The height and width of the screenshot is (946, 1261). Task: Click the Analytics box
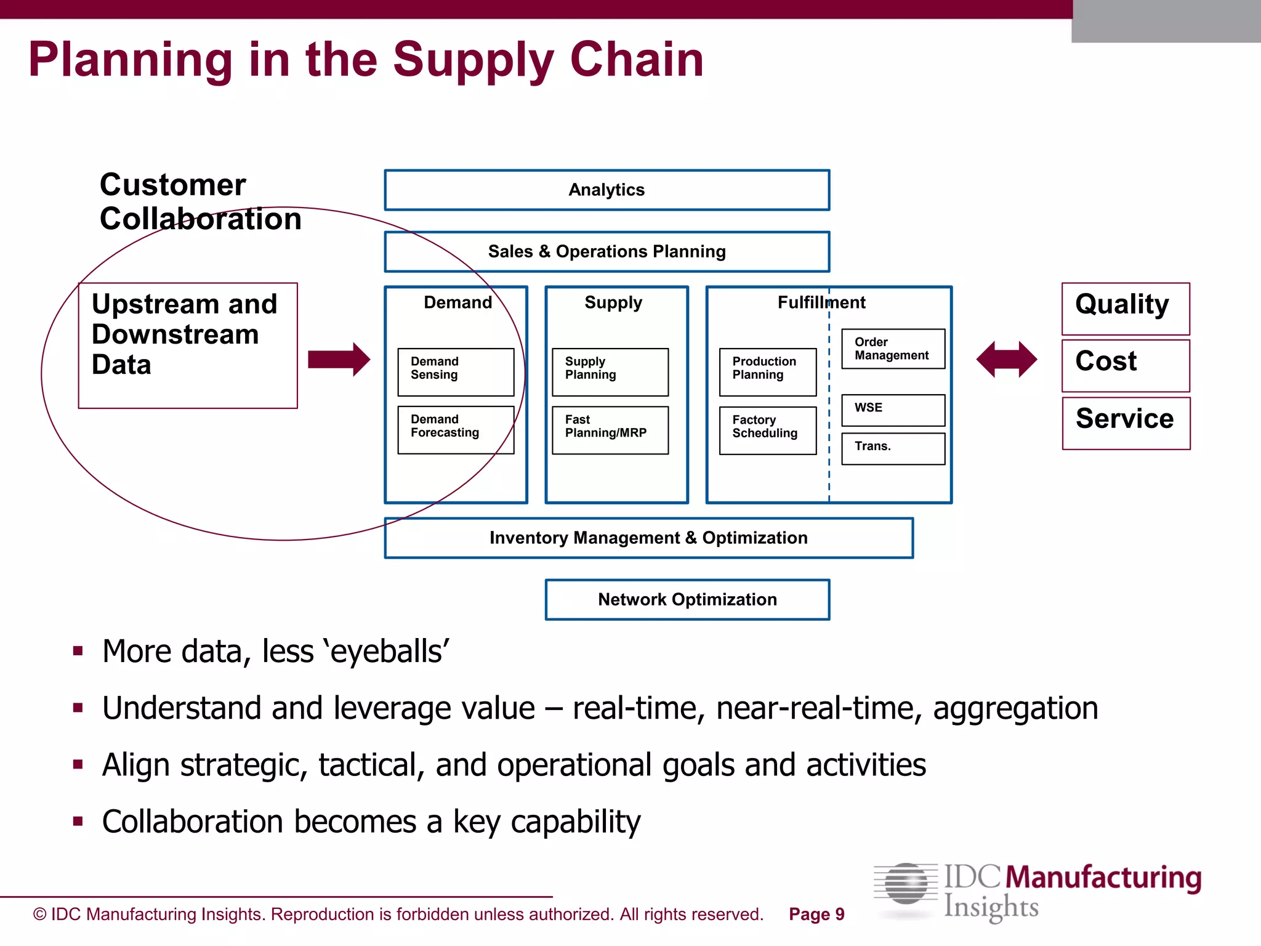tap(606, 190)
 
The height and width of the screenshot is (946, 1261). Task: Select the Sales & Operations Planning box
tap(606, 252)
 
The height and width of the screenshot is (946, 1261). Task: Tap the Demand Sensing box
tap(456, 372)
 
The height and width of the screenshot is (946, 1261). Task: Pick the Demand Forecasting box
tap(456, 430)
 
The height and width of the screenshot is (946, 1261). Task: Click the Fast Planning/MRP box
tap(610, 430)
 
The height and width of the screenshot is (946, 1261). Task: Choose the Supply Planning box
tap(610, 372)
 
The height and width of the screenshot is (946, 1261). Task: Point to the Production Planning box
tap(767, 372)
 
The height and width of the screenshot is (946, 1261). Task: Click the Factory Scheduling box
tap(767, 430)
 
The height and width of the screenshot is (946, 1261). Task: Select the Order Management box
tap(893, 349)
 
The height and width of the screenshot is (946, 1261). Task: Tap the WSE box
tap(893, 410)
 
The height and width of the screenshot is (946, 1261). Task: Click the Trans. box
tap(893, 448)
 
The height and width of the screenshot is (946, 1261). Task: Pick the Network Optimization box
tap(687, 599)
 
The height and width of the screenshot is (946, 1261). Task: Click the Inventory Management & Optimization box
tap(648, 538)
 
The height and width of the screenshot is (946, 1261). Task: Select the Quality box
tap(1126, 309)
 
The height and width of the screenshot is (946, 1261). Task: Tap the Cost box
tap(1126, 365)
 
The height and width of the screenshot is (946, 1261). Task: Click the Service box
tap(1126, 423)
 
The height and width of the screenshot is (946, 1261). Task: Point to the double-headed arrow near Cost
tap(1007, 359)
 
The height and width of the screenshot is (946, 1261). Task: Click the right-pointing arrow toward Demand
tap(339, 359)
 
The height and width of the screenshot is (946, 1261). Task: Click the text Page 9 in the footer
tap(816, 915)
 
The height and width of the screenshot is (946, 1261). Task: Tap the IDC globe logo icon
tap(905, 884)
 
